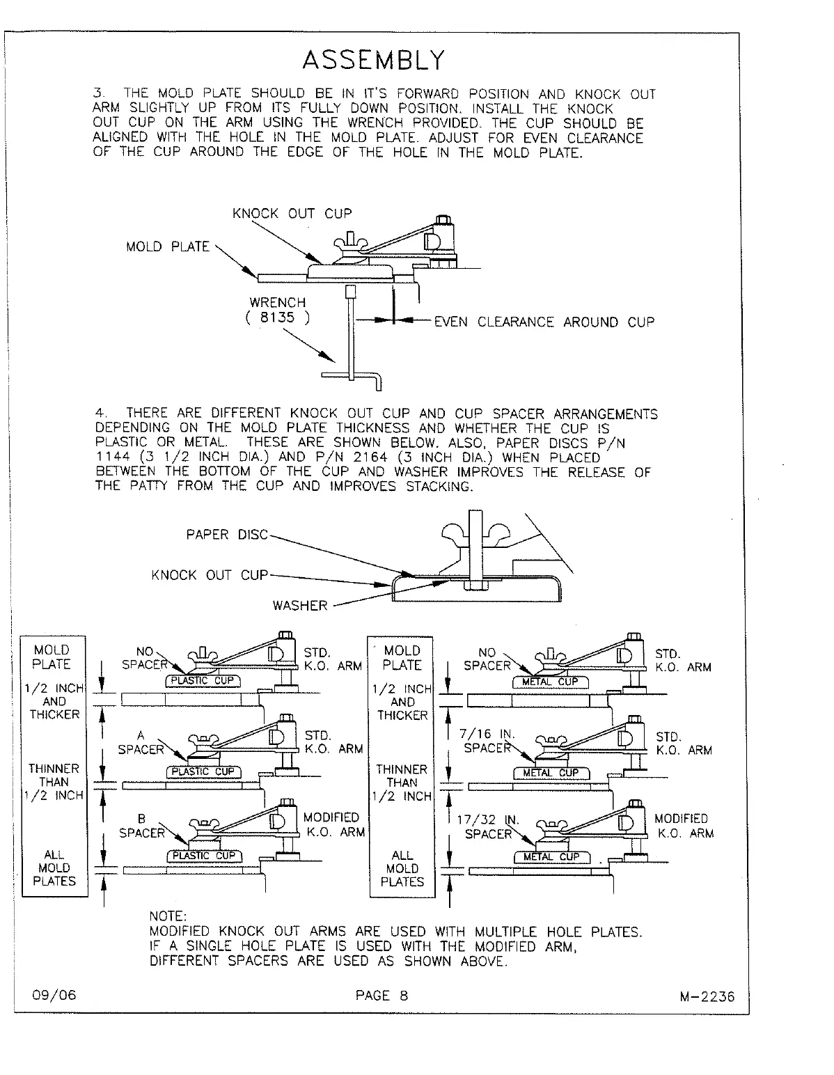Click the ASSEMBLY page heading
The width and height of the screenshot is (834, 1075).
coord(372,60)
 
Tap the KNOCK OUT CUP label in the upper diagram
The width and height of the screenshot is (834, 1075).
coord(292,213)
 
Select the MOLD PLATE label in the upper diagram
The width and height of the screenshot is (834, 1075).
coord(167,246)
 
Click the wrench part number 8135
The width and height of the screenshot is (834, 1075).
coord(277,318)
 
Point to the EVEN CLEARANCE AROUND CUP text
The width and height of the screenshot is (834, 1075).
coord(544,322)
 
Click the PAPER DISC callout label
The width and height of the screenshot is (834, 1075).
coord(226,535)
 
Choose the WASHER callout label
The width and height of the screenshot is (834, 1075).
coord(299,605)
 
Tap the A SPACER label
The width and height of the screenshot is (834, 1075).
coord(141,742)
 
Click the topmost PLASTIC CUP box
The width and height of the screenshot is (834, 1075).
coord(203,680)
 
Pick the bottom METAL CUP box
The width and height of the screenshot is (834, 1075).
coord(551,857)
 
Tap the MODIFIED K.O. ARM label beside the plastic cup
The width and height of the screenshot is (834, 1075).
coord(333,824)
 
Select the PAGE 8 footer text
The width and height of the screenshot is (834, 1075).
coord(381,995)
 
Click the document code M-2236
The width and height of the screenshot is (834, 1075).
coord(707,996)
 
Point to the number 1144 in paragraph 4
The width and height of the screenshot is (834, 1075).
coord(111,457)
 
